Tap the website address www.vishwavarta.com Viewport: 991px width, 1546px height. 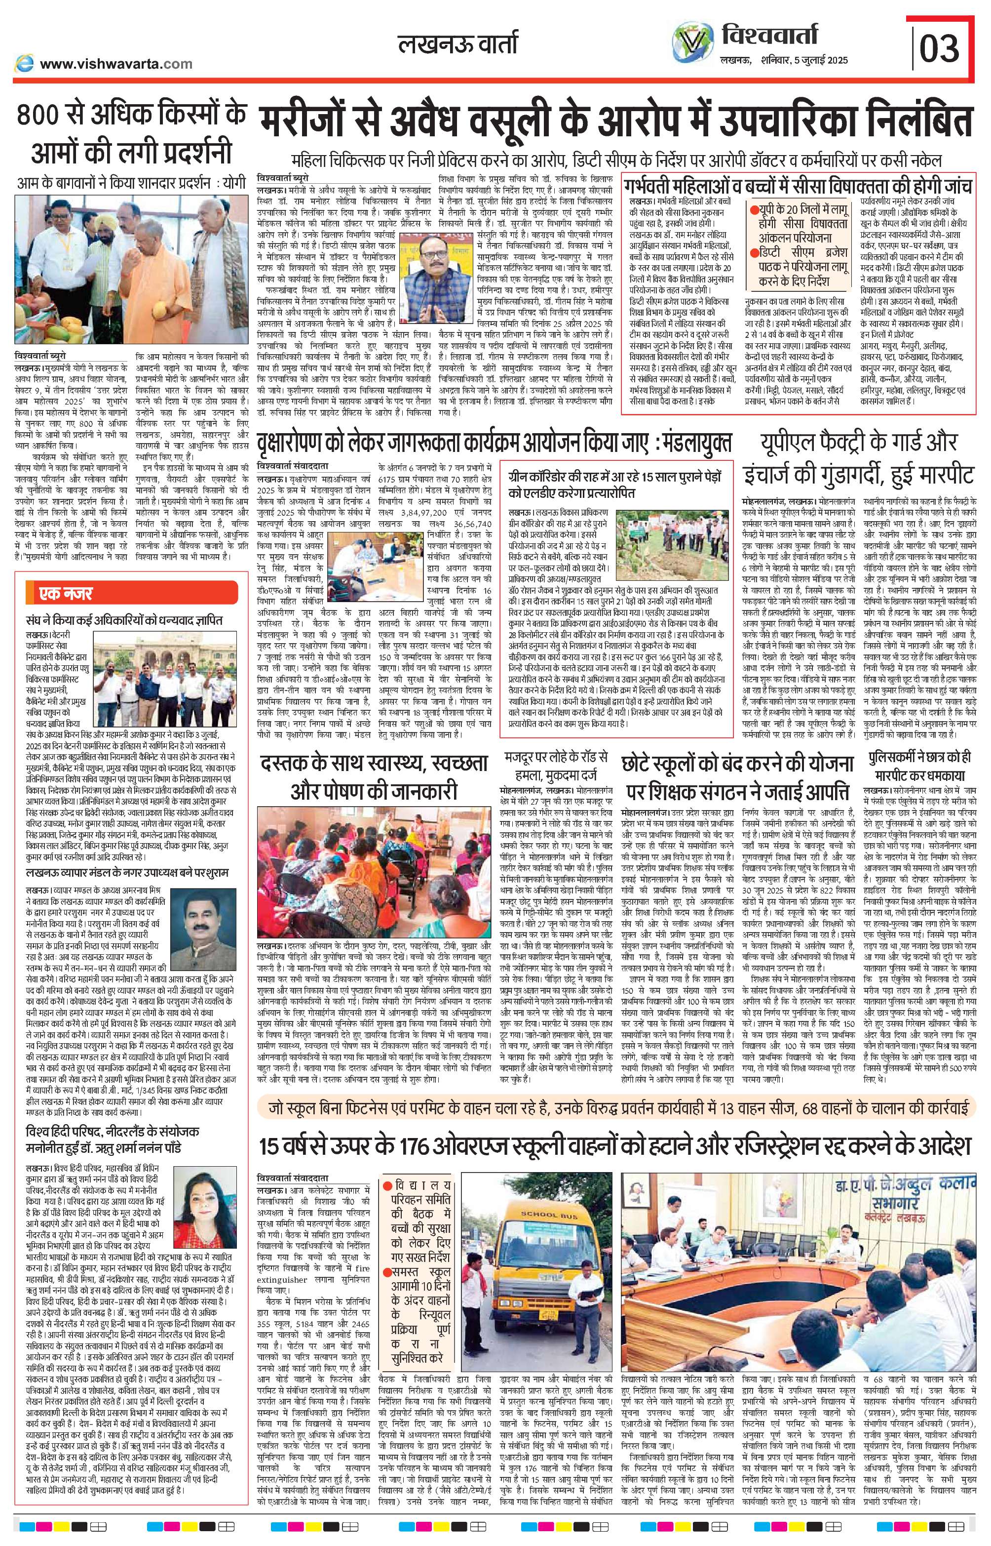click(x=116, y=63)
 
